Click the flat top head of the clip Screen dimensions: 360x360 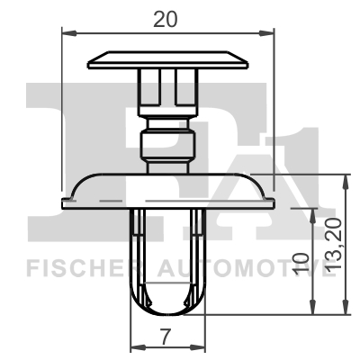pyautogui.click(x=167, y=60)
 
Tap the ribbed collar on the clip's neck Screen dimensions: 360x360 pyautogui.click(x=167, y=144)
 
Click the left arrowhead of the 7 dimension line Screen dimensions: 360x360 pyautogui.click(x=135, y=348)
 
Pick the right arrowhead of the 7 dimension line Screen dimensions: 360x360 pyautogui.click(x=202, y=348)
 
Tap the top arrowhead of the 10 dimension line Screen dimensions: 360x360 pyautogui.click(x=312, y=212)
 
